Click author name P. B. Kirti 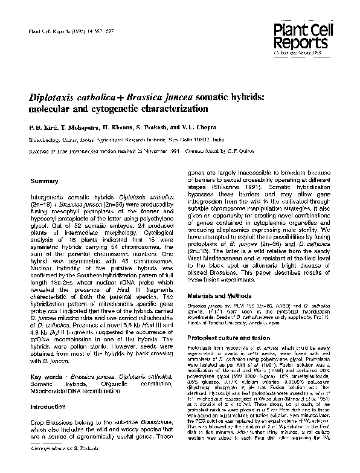(42, 129)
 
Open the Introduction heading (49, 408)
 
